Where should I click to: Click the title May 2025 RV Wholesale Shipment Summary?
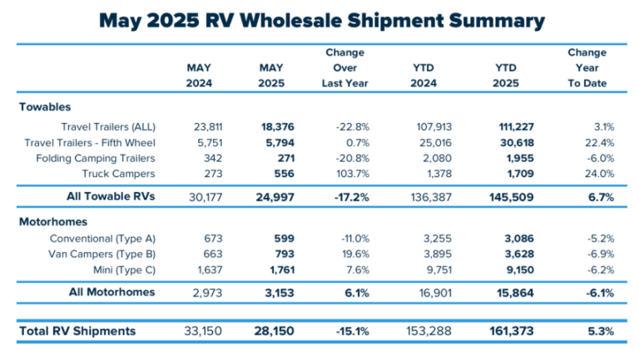[319, 21]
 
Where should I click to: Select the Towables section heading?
[43, 106]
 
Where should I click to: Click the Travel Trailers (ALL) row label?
[108, 127]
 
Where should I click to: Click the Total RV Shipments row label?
[77, 331]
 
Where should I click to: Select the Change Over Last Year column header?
[344, 67]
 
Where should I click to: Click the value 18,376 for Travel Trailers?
[270, 127]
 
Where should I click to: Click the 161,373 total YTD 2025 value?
[509, 331]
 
